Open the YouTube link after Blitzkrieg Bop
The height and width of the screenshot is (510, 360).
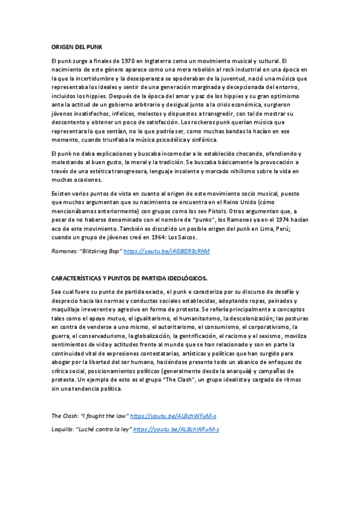(166, 251)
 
